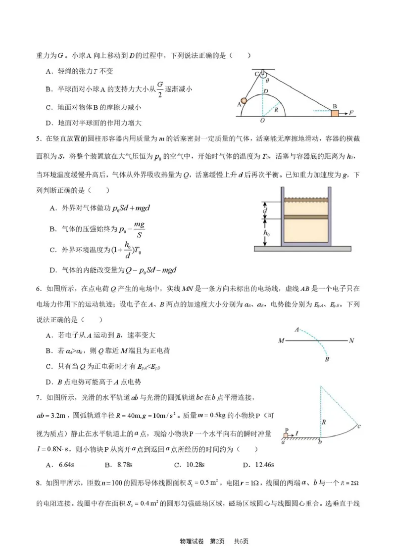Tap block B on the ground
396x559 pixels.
pos(335,113)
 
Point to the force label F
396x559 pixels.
pos(351,113)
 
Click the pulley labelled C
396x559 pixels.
pos(258,75)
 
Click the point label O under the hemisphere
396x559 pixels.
pos(262,120)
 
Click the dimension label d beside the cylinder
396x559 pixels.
pos(265,211)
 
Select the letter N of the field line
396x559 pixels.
pos(351,341)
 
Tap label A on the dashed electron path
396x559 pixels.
pos(297,329)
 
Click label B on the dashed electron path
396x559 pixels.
pos(327,360)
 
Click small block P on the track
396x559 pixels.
pos(286,435)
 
